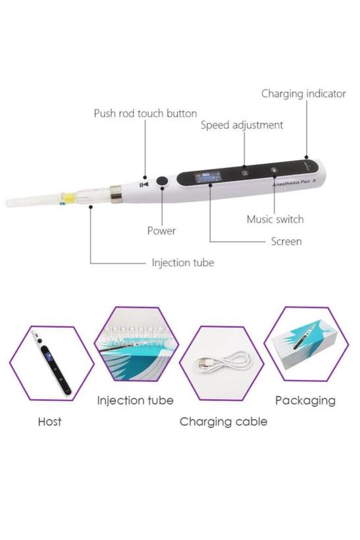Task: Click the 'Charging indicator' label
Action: point(303,94)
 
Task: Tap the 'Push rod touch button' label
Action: point(145,113)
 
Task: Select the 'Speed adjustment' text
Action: point(242,125)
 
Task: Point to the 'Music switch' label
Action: point(275,219)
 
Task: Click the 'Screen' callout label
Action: point(286,242)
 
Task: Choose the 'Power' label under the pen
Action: point(161,230)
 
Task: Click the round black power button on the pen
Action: point(162,181)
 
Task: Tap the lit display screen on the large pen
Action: point(208,176)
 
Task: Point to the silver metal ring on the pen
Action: point(116,194)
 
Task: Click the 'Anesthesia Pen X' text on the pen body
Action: point(294,182)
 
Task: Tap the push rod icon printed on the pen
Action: point(144,184)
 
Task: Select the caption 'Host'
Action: point(50,421)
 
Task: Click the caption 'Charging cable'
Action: point(223,422)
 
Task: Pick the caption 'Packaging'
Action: point(305,400)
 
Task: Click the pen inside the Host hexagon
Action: point(51,363)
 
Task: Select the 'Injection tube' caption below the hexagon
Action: point(136,400)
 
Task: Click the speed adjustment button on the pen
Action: point(244,172)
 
